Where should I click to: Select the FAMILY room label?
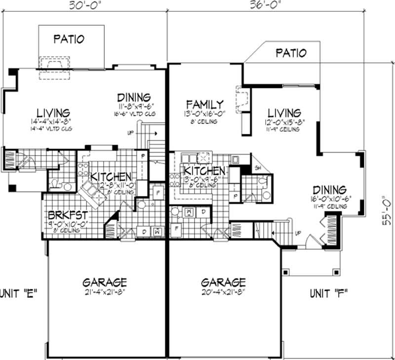pos(205,104)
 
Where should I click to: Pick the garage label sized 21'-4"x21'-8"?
pos(105,282)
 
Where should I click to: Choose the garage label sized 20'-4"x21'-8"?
pos(223,282)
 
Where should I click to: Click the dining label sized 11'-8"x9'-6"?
pos(133,97)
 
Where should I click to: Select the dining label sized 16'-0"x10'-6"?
pos(330,190)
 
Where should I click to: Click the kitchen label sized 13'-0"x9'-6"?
pos(204,171)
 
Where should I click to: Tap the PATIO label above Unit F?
pos(290,52)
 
